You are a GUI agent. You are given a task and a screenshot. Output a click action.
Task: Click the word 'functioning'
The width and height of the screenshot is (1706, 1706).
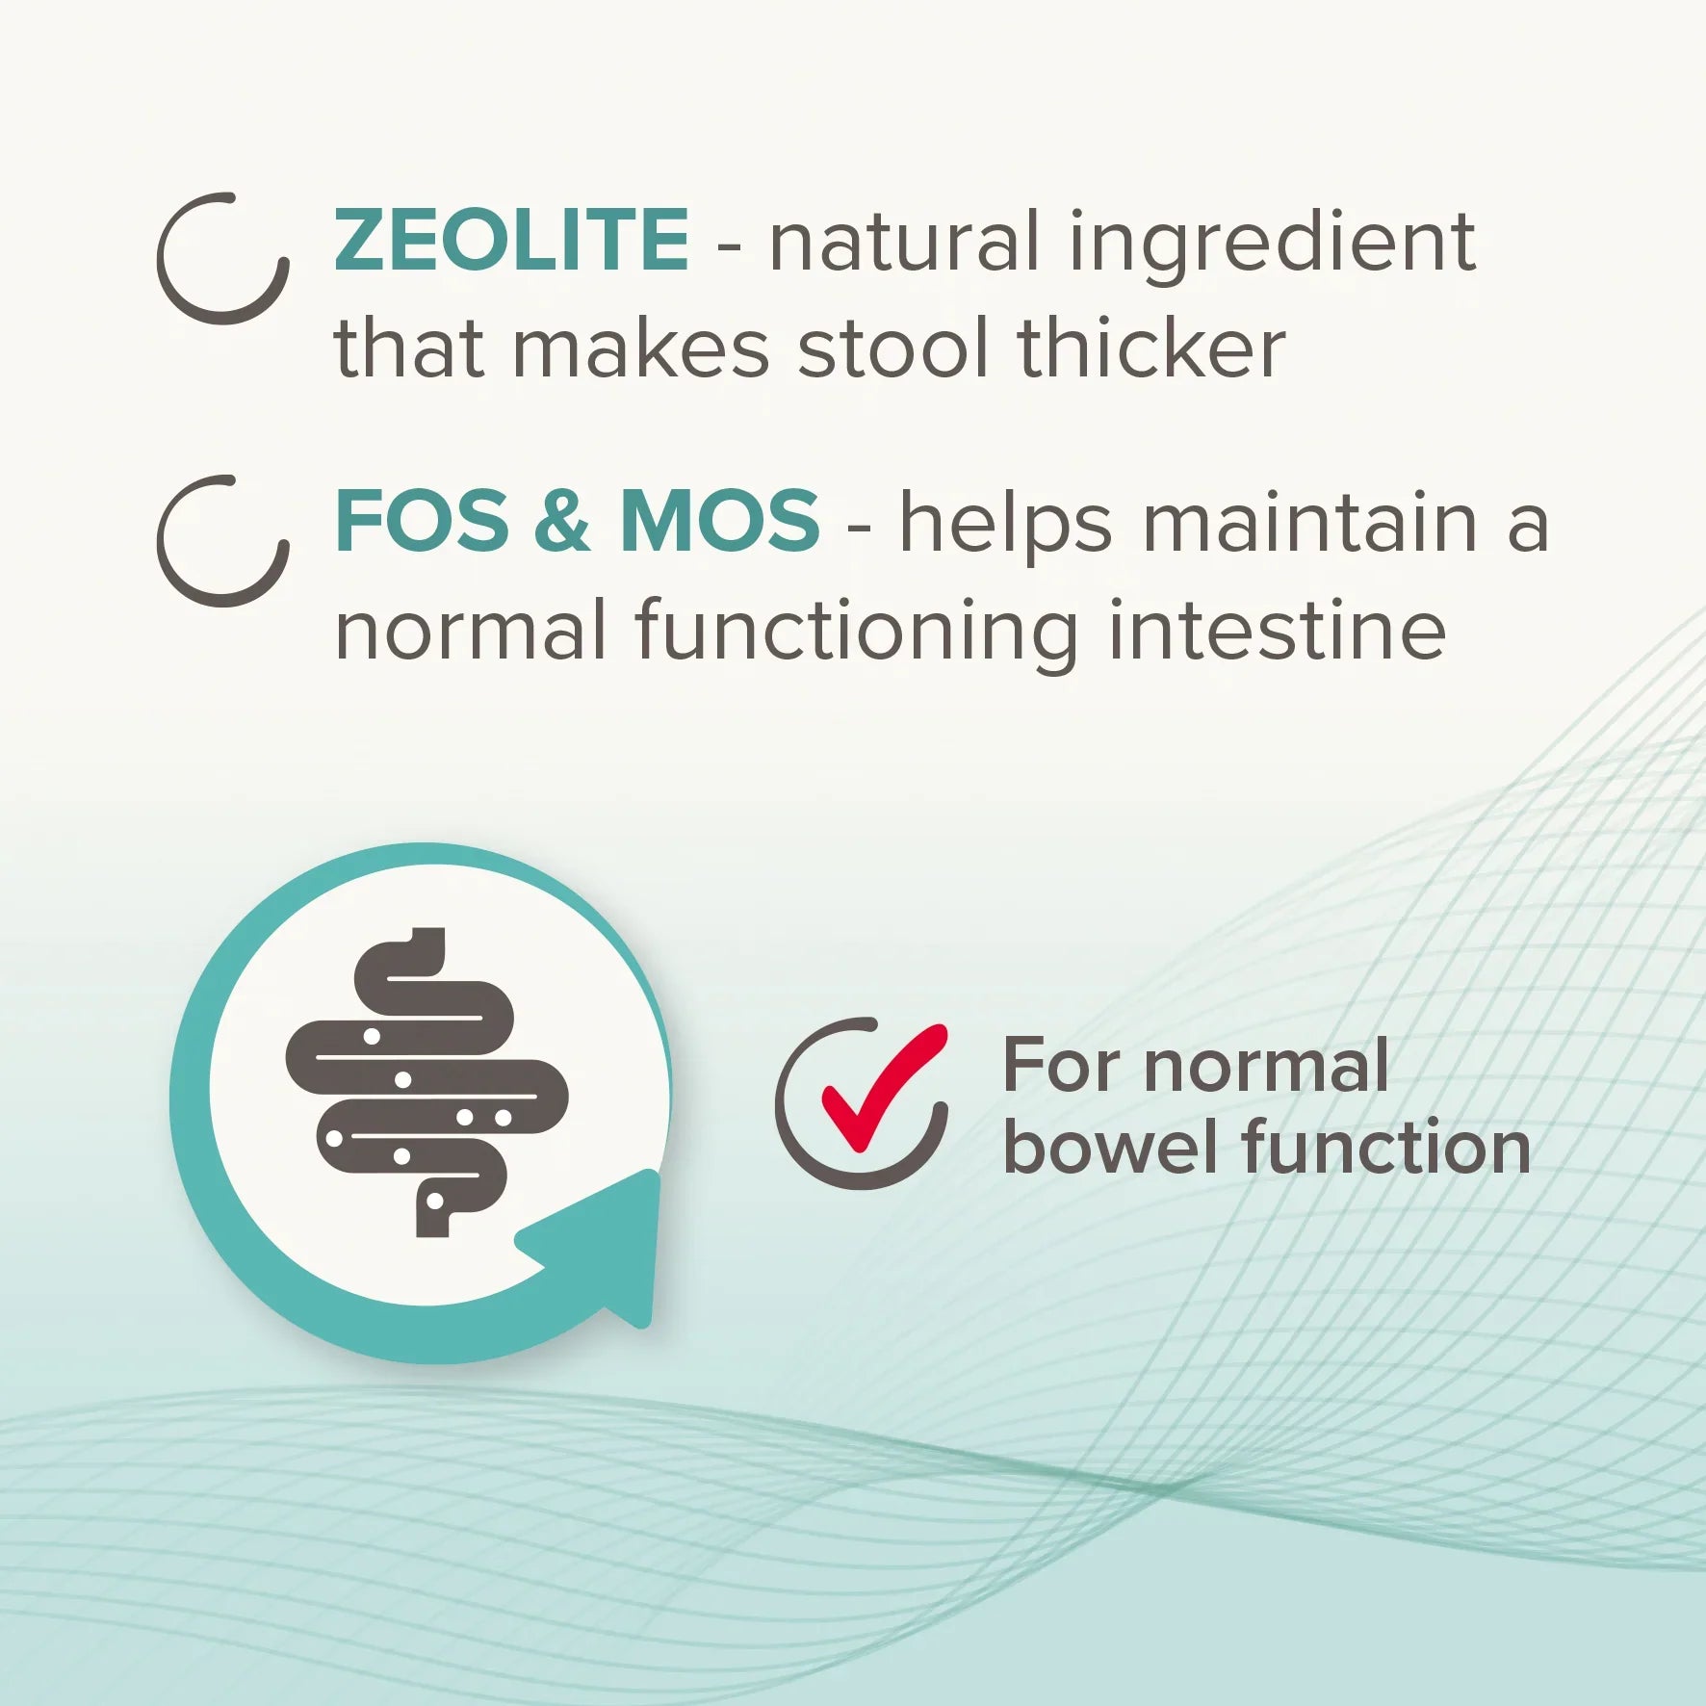click(857, 635)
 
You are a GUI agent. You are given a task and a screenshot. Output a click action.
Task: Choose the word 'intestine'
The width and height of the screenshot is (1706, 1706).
click(1277, 630)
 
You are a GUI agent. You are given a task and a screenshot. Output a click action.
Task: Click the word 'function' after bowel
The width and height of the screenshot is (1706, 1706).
click(1386, 1149)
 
